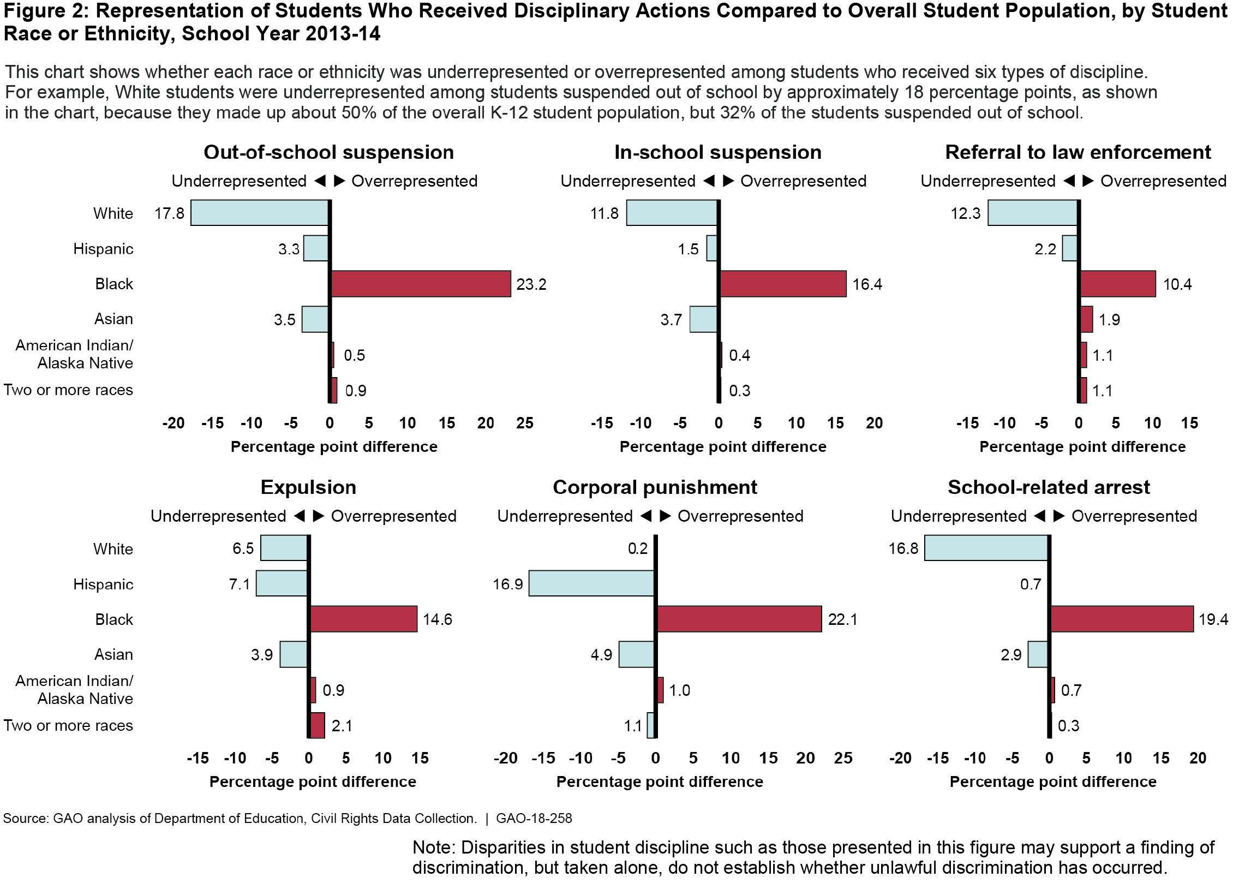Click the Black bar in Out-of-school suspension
[421, 284]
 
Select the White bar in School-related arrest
[986, 548]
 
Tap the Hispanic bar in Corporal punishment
[591, 583]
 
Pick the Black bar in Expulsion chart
[364, 619]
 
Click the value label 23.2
[531, 284]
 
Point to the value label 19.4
[1213, 619]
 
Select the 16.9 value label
[507, 584]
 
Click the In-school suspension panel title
[717, 152]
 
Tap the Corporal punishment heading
[655, 487]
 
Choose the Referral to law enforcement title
[1078, 152]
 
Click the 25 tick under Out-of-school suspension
[525, 423]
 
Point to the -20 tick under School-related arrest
[900, 759]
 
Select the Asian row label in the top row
[113, 319]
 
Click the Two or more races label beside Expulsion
[68, 726]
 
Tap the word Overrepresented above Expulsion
[393, 516]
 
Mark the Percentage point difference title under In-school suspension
[723, 447]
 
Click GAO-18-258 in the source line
[534, 819]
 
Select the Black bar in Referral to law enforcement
[1118, 284]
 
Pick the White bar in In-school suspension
[672, 213]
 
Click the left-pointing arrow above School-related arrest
[1039, 516]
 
